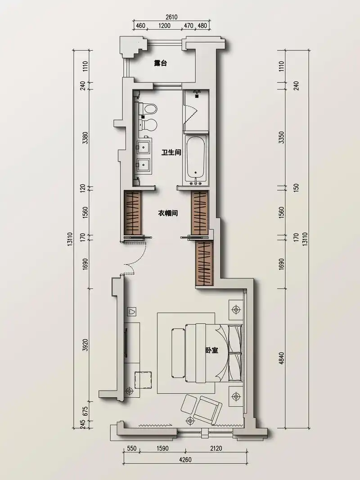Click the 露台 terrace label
160,63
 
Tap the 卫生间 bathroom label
171,152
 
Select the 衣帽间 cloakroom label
168,213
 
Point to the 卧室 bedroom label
212,350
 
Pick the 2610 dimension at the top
172,18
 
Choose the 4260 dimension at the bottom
185,460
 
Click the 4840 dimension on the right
282,358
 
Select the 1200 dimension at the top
164,26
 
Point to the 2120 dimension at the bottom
216,449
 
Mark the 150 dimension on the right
296,187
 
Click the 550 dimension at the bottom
131,449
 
